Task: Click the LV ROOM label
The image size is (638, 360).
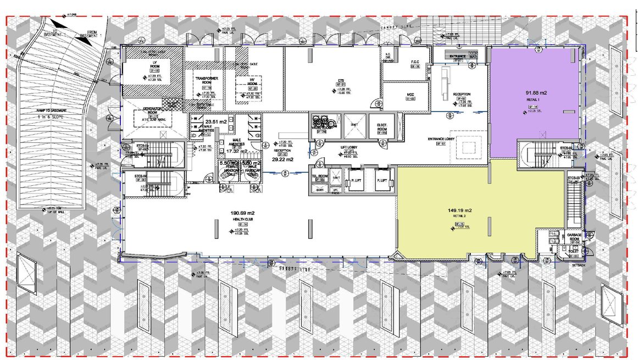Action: pyautogui.click(x=140, y=63)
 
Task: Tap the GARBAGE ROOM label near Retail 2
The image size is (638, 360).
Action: pyautogui.click(x=574, y=237)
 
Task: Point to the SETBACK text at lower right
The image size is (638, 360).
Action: pyautogui.click(x=578, y=264)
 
